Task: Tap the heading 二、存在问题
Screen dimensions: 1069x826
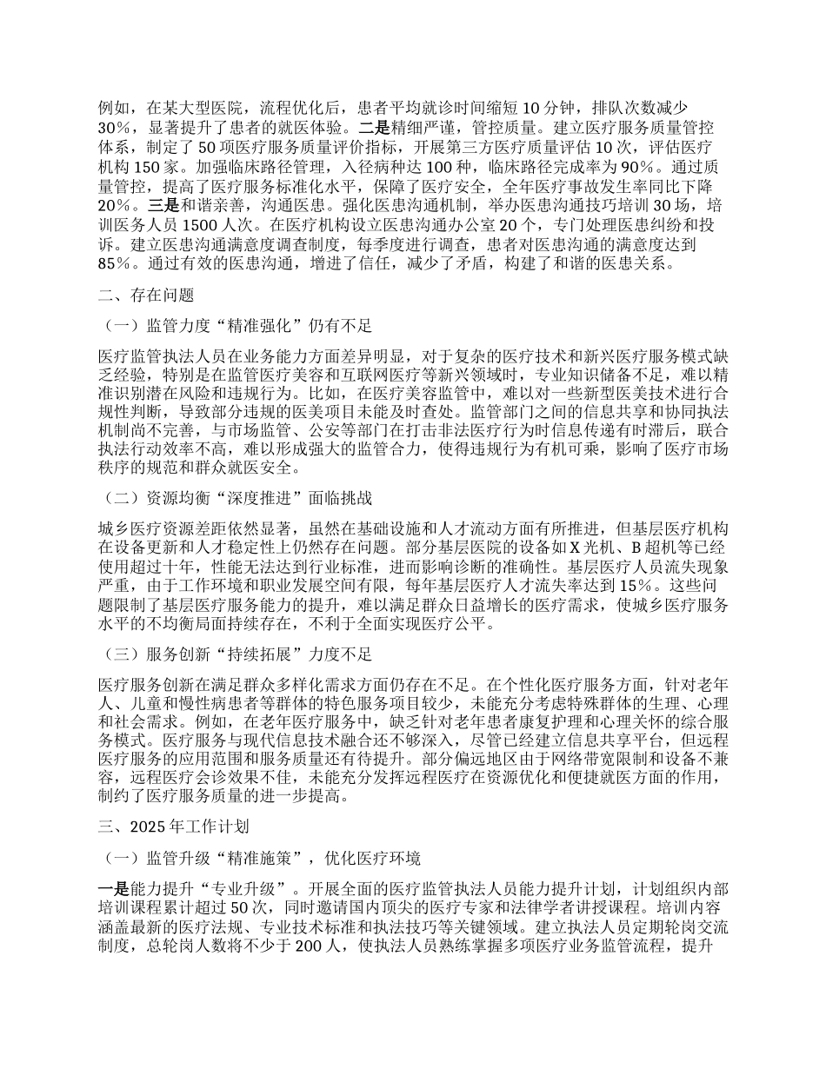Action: [144, 295]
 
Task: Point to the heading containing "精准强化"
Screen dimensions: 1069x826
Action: [237, 326]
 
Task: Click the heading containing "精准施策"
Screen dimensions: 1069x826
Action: [262, 858]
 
